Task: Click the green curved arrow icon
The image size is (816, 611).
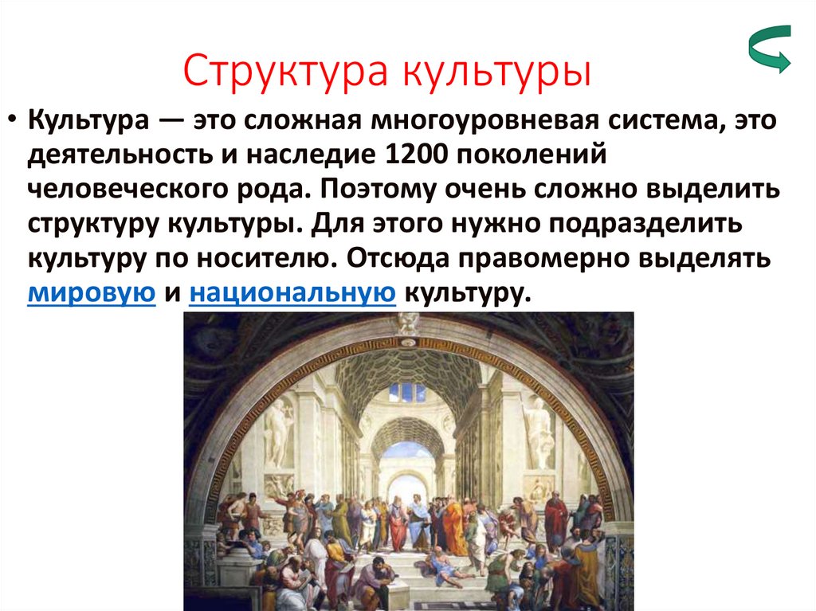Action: [x=769, y=49]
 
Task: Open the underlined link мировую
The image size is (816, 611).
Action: [x=91, y=293]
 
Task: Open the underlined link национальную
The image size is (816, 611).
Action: [x=293, y=293]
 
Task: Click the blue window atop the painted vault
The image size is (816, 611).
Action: [x=407, y=391]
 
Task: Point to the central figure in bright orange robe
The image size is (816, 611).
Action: [x=454, y=526]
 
